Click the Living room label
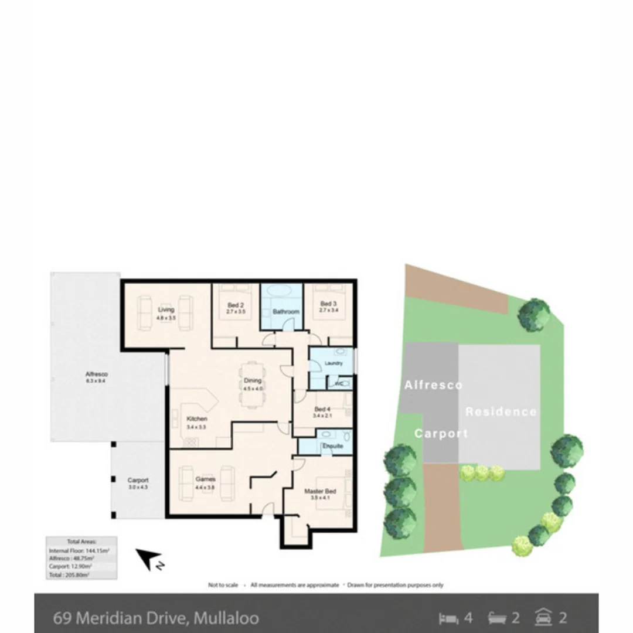(x=166, y=309)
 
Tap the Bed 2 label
(x=234, y=305)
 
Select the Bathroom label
(x=286, y=312)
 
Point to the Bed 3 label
(x=328, y=304)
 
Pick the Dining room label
(x=253, y=381)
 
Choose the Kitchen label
(x=196, y=419)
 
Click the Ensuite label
(x=332, y=447)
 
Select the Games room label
(x=205, y=479)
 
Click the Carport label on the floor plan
(x=138, y=480)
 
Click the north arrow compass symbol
(x=148, y=559)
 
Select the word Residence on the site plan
(x=501, y=411)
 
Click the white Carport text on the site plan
(x=441, y=434)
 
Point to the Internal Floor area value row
(x=72, y=551)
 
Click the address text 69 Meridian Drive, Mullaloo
(x=156, y=618)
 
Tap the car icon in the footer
(x=544, y=617)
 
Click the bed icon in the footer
(x=448, y=618)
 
